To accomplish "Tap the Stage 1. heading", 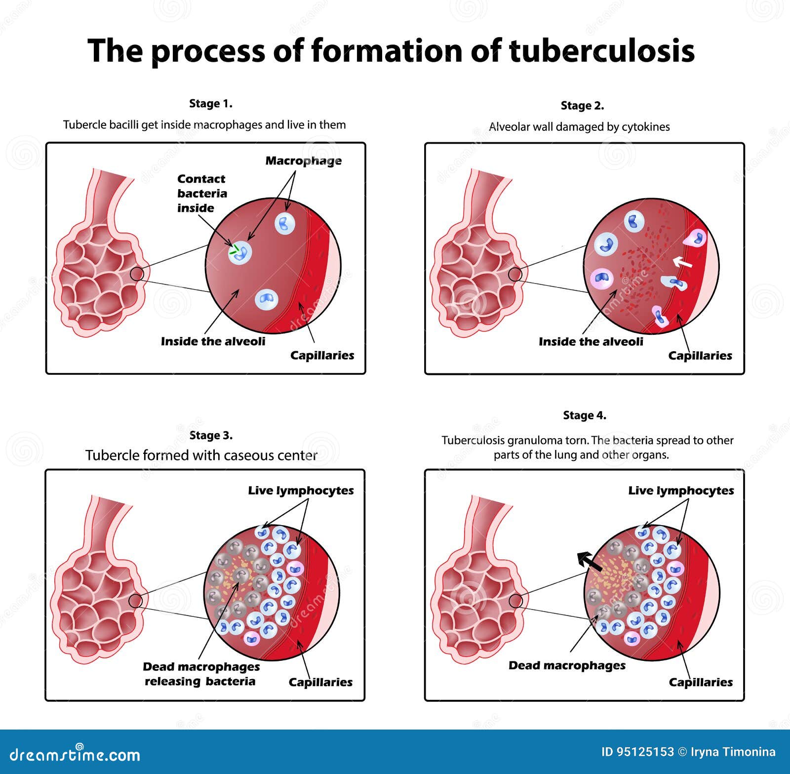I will (x=210, y=104).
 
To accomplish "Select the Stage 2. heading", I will (x=582, y=106).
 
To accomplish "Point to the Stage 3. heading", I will (x=211, y=436).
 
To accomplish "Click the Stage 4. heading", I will (x=585, y=415).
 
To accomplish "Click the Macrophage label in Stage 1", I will (x=303, y=161).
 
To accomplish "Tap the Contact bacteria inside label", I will (x=201, y=193).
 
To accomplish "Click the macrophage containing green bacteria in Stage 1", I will (x=240, y=252).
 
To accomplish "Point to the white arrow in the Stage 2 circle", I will (x=683, y=262).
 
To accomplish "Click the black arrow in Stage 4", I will (x=590, y=562).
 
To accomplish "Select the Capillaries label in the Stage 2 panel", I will (x=700, y=356).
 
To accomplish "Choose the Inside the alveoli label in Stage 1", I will (x=213, y=341).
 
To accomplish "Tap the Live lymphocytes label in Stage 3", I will (x=300, y=490).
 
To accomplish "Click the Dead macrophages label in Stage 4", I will (x=567, y=665).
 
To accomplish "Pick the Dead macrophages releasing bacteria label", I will (x=201, y=674).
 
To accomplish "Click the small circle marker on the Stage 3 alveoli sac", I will (x=135, y=601).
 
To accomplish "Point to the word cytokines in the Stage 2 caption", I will (x=645, y=127).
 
